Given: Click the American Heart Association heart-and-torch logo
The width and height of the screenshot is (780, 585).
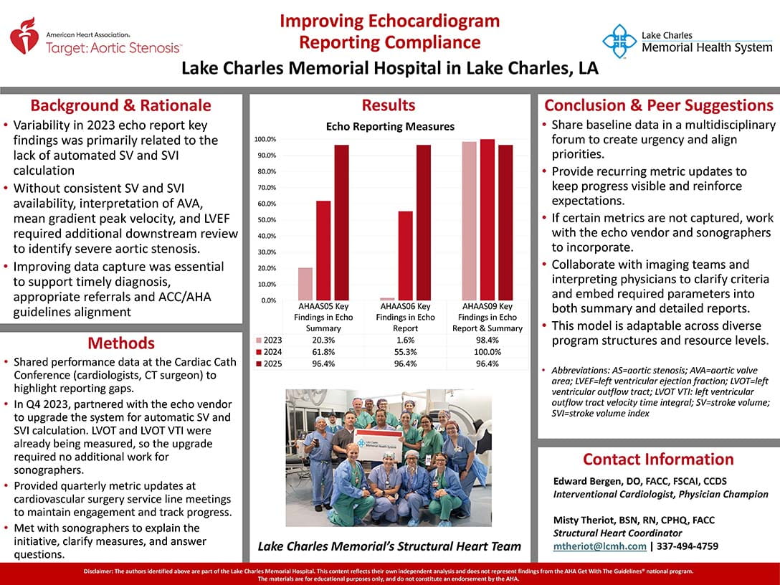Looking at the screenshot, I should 24,37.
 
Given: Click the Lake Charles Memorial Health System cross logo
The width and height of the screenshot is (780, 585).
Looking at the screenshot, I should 619,41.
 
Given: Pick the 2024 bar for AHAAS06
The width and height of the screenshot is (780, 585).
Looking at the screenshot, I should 405,255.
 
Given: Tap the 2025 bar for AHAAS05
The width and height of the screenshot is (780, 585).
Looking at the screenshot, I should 341,222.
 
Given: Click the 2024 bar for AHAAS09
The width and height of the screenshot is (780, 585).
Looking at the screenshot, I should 487,219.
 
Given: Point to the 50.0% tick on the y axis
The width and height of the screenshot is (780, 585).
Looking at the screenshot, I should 267,220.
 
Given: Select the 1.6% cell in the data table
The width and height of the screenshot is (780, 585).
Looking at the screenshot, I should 405,340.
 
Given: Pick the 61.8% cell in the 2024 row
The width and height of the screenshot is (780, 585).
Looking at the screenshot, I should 323,352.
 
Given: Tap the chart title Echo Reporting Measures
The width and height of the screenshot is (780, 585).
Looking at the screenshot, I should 390,127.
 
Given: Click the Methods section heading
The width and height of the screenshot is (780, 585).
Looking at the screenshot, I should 121,343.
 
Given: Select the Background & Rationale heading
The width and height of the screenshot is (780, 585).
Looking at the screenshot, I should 120,105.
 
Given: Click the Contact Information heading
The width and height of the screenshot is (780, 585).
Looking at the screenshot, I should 658,459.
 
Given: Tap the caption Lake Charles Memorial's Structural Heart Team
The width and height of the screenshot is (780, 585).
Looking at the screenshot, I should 389,546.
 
